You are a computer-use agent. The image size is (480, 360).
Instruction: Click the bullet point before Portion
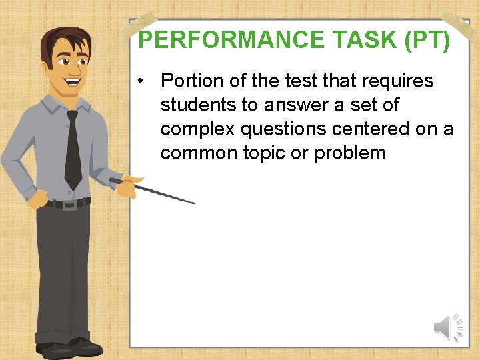point(143,81)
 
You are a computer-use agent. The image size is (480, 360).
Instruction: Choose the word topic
point(255,153)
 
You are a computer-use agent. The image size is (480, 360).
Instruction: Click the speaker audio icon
point(448,327)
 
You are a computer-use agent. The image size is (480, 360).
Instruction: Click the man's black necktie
point(73,150)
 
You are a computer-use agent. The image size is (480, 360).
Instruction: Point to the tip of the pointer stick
point(193,203)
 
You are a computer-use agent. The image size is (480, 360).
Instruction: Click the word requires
point(398,81)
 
